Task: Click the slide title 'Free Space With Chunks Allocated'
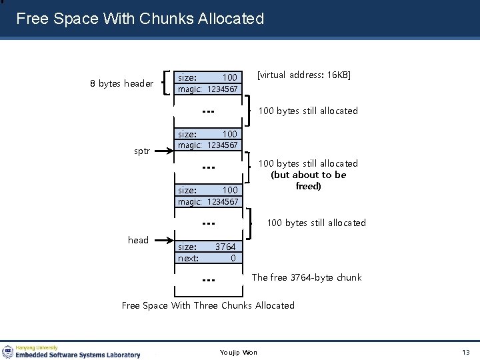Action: tap(140, 19)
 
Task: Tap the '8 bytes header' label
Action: tap(122, 84)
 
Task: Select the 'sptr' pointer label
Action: tap(142, 151)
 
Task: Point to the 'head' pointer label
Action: tap(138, 240)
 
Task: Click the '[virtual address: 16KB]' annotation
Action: tap(303, 75)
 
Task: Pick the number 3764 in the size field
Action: tap(225, 247)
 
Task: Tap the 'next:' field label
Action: tap(188, 258)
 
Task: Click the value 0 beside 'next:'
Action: tap(233, 258)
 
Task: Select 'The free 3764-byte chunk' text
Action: tap(306, 277)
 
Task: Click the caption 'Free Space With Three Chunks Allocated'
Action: tap(207, 305)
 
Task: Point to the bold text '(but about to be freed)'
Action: tap(309, 181)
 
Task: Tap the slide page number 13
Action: tap(465, 352)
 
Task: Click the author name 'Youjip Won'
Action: tap(238, 352)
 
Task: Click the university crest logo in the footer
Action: tap(8, 351)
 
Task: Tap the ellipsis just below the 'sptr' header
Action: tap(208, 167)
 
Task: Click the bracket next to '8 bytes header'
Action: tap(169, 83)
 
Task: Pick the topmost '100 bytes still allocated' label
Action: tap(307, 111)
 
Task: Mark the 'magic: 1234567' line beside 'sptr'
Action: tap(207, 145)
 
